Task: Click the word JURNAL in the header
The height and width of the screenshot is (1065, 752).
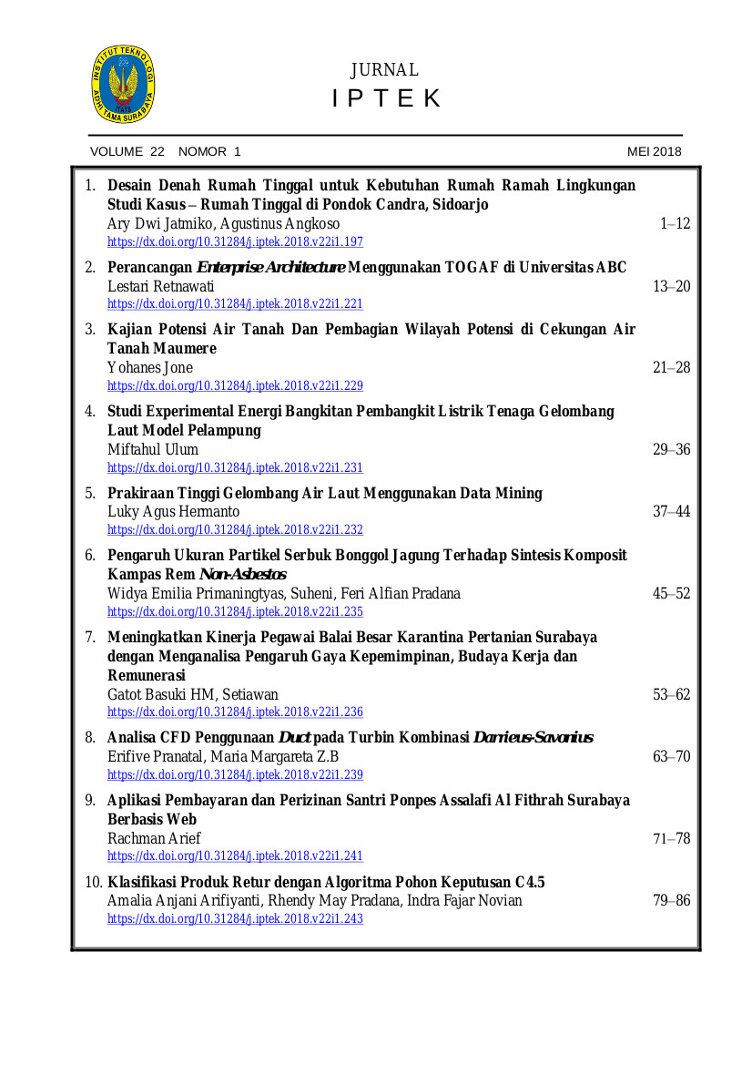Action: tap(384, 70)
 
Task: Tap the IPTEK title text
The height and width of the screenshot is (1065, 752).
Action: tap(386, 98)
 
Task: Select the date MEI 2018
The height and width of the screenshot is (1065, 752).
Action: tap(654, 152)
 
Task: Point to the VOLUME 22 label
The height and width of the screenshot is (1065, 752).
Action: tap(127, 152)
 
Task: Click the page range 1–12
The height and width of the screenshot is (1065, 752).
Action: tap(675, 223)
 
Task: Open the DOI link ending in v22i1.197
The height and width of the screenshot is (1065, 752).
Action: tap(235, 242)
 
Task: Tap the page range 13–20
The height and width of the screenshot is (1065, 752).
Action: tap(671, 287)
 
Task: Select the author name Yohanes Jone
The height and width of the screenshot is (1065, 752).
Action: tap(150, 368)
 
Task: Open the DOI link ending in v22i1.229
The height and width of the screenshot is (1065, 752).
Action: tap(235, 386)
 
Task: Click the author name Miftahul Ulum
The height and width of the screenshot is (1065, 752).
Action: tap(153, 450)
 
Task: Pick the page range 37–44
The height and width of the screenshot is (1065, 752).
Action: tap(671, 512)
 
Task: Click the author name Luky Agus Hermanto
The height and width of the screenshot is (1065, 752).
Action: tap(174, 512)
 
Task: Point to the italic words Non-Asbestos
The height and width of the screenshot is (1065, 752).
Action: tap(242, 575)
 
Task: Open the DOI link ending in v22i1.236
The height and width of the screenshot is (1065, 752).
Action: tap(235, 712)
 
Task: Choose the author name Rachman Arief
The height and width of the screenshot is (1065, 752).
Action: tap(154, 838)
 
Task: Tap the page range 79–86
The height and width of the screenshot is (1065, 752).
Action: tap(671, 901)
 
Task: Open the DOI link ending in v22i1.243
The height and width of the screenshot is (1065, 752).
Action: tap(235, 919)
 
